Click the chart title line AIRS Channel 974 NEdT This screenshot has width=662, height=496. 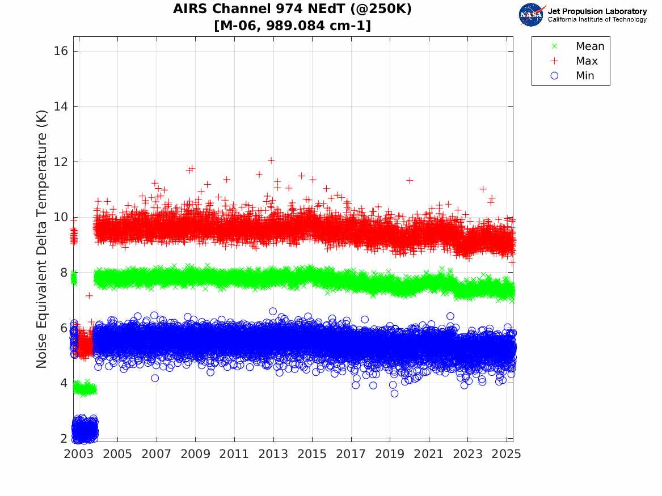(292, 9)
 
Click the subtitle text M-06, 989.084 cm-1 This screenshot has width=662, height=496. (292, 26)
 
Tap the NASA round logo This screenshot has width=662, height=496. (531, 15)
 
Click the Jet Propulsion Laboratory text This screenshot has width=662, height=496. (597, 11)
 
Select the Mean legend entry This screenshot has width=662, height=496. (589, 46)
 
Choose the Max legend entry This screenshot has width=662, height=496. (587, 61)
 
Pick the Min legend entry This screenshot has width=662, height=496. (585, 76)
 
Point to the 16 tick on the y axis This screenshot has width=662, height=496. (61, 51)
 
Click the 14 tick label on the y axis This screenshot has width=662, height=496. (61, 107)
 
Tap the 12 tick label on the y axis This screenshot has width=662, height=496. (61, 162)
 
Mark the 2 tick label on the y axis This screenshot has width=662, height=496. (64, 439)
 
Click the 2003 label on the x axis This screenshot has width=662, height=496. (78, 454)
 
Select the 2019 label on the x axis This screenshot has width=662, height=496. (390, 454)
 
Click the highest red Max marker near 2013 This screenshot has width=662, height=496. (271, 160)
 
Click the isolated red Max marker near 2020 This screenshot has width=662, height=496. (410, 180)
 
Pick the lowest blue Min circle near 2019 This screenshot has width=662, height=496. (394, 393)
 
